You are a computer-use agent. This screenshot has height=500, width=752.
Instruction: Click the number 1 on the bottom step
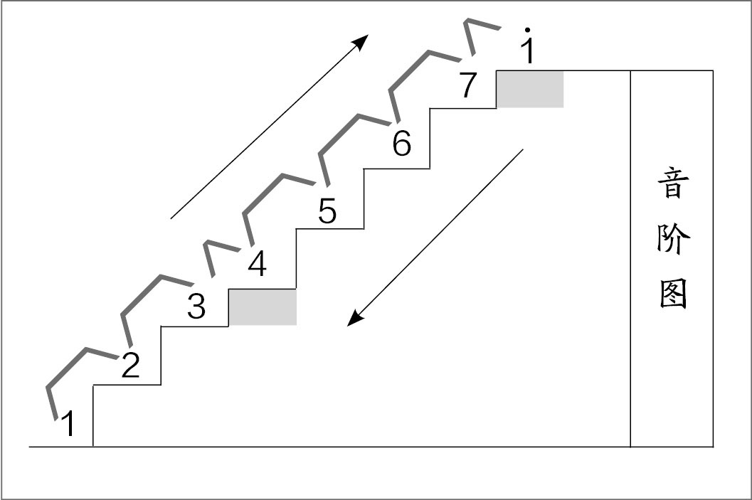coord(68,425)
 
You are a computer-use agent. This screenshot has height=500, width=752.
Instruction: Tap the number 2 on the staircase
coord(130,365)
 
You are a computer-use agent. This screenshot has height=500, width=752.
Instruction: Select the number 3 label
coord(196,307)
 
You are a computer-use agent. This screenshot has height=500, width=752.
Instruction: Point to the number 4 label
coord(257,265)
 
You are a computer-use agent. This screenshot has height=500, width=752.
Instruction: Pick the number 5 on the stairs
coord(327,212)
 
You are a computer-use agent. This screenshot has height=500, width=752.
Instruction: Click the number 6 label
coord(402,145)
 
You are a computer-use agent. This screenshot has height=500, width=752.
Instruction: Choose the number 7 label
coord(467,86)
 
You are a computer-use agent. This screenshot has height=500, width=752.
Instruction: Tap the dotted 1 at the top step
coord(528,48)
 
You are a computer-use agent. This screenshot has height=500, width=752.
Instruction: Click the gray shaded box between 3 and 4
coord(262,307)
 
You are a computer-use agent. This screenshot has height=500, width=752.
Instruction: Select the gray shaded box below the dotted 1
coord(529,89)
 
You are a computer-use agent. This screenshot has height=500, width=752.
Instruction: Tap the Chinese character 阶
coord(672,240)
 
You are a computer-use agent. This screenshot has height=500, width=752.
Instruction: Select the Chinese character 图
coord(672,292)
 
